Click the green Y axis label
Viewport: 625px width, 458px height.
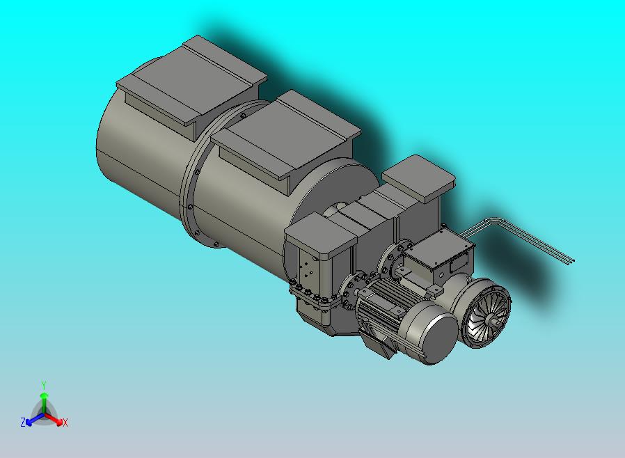[x=44, y=385]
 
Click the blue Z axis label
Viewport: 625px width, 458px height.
[x=23, y=422]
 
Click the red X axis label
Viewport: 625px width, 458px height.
[x=65, y=423]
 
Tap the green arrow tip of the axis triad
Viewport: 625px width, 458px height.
[x=44, y=395]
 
